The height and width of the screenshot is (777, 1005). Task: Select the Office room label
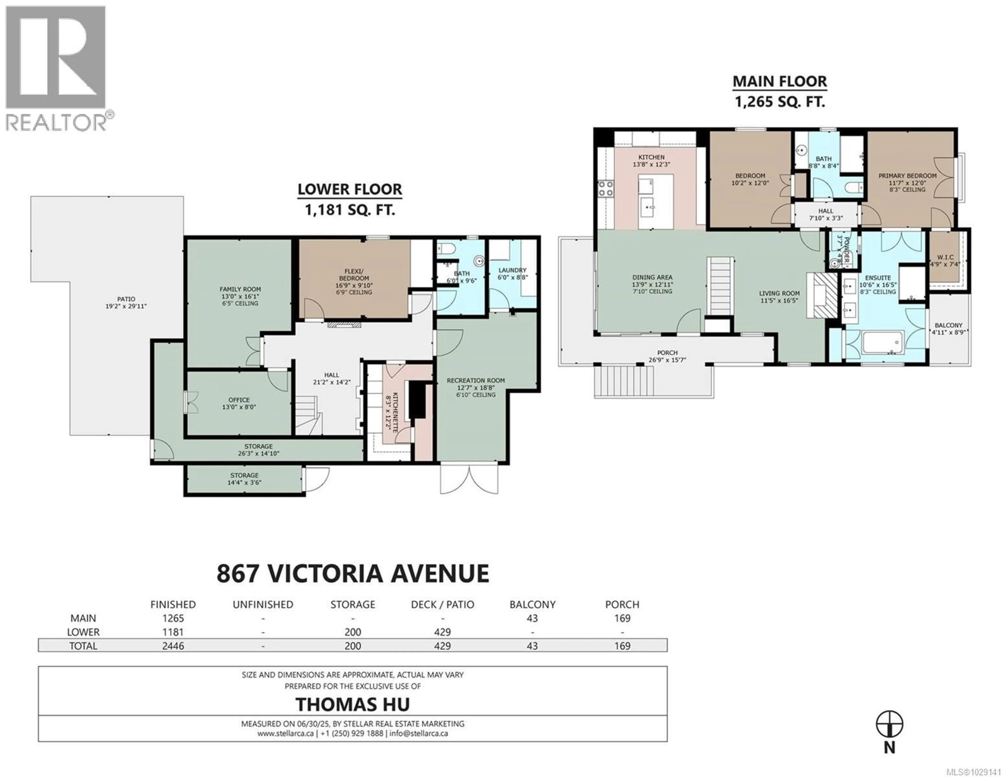[239, 400]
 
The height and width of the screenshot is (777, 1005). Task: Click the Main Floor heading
[779, 81]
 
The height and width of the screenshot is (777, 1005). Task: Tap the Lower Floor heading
[350, 189]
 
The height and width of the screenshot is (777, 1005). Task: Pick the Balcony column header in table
[532, 605]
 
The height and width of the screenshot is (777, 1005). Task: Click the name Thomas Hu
[353, 704]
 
